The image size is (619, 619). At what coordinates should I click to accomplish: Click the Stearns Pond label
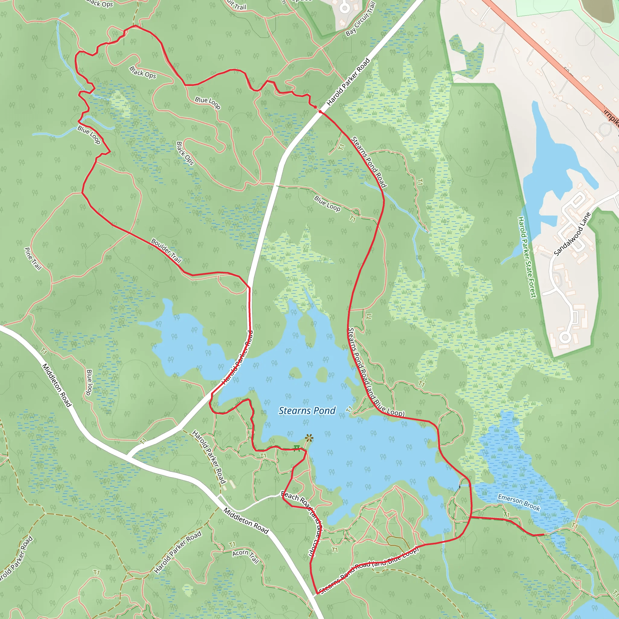pyautogui.click(x=307, y=411)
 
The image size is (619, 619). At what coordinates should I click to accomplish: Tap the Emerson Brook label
pyautogui.click(x=519, y=502)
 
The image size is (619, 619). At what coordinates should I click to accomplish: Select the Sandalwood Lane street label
pyautogui.click(x=572, y=234)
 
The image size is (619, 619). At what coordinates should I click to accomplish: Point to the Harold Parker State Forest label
pyautogui.click(x=527, y=257)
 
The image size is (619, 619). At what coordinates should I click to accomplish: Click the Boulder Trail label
pyautogui.click(x=166, y=251)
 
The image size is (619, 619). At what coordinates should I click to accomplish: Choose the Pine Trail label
pyautogui.click(x=33, y=258)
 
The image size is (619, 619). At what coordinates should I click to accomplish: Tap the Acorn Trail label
pyautogui.click(x=246, y=556)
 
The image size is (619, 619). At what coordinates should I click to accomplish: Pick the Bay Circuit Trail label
pyautogui.click(x=361, y=19)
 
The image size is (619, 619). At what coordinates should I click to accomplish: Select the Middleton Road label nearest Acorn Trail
pyautogui.click(x=246, y=521)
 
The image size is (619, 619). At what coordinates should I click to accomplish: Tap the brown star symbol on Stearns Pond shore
pyautogui.click(x=309, y=438)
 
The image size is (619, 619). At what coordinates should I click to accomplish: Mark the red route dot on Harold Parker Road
pyautogui.click(x=320, y=112)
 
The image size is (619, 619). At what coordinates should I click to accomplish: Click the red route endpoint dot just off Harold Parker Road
pyautogui.click(x=315, y=107)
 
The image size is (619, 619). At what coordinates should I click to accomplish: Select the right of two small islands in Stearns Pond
pyautogui.click(x=321, y=374)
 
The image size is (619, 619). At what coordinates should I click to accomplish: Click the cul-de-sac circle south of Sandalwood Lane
pyautogui.click(x=565, y=337)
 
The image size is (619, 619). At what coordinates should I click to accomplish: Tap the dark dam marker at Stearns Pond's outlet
pyautogui.click(x=465, y=486)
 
